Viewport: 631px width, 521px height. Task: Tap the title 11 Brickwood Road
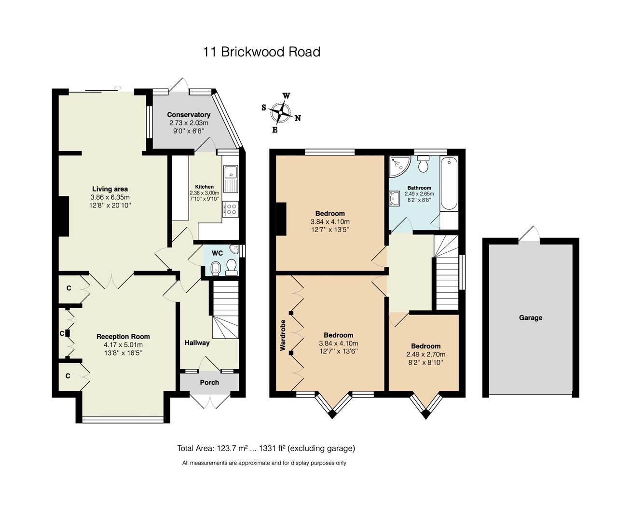[x=261, y=52]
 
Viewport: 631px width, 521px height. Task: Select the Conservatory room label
[x=189, y=115]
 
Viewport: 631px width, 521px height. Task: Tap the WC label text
[x=217, y=253]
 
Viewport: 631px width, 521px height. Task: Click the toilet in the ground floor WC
[x=232, y=267]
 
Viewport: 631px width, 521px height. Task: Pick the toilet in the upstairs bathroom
[x=424, y=165]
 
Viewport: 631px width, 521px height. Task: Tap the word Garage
[x=531, y=318]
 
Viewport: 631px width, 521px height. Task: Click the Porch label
[x=209, y=383]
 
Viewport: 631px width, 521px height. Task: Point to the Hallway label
[x=197, y=343]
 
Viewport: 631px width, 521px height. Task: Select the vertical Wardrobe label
[x=283, y=335]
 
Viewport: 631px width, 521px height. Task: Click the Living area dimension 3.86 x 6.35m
[x=110, y=197]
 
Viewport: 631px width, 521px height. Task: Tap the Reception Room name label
[x=123, y=337]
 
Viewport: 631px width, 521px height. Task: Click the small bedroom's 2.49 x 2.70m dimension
[x=425, y=354]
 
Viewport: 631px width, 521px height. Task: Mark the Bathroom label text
[x=419, y=188]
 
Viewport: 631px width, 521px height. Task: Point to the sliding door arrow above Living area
[x=118, y=88]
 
